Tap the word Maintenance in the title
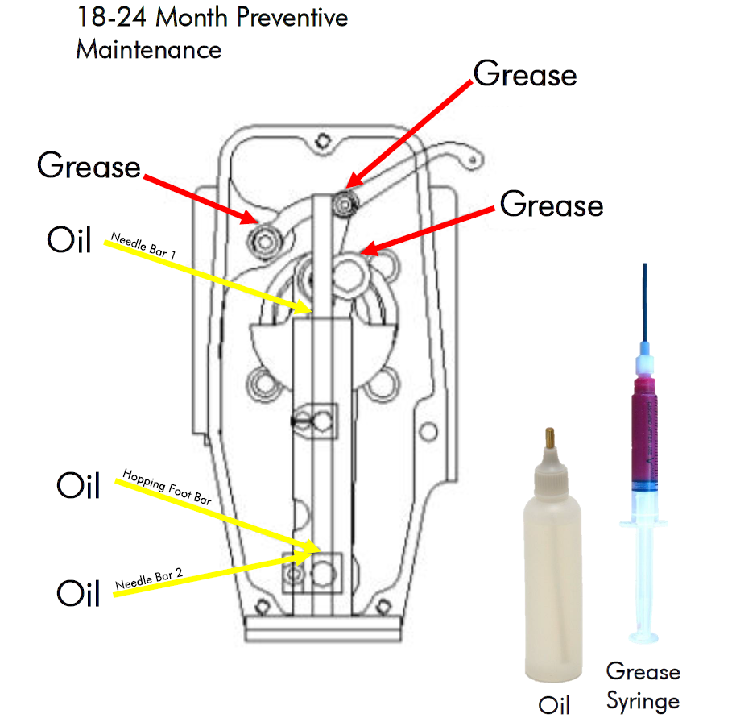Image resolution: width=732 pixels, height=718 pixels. coord(148,49)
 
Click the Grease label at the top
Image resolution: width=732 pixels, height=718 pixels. coord(525,75)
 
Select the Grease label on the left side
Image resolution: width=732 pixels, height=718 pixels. coord(89,167)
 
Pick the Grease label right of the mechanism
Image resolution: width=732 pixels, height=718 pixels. coord(552,205)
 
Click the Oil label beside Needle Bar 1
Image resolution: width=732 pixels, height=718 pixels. coord(69,242)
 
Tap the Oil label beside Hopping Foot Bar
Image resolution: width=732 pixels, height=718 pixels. coord(78,486)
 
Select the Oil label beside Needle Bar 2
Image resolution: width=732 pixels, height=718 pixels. coord(78,594)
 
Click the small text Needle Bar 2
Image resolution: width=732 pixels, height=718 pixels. coord(148,578)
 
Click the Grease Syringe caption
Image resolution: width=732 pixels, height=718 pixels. coord(643,685)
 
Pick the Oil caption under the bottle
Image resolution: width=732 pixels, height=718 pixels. coord(553,703)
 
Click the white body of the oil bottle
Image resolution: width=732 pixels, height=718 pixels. coord(553,580)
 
